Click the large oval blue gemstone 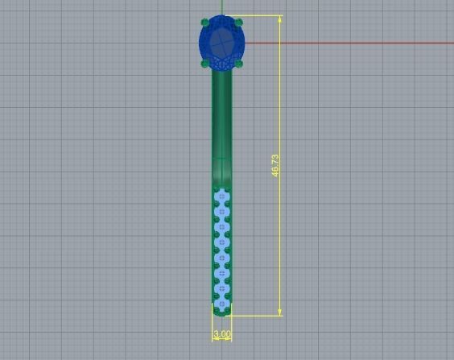click(221, 42)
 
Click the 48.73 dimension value click(275, 166)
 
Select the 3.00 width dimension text click(221, 333)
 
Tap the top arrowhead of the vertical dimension click(280, 19)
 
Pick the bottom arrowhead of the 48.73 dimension click(280, 312)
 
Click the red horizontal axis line click(346, 42)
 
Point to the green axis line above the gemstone click(221, 6)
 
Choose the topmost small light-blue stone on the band click(222, 196)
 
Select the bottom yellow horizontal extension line click(258, 316)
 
